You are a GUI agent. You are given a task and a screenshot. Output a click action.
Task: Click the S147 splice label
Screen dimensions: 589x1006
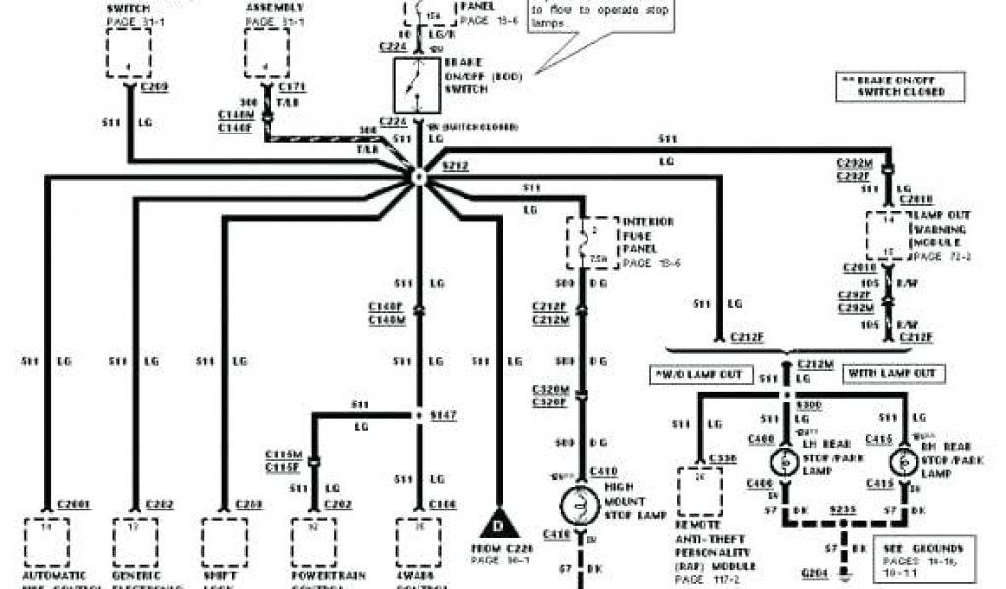coord(444,415)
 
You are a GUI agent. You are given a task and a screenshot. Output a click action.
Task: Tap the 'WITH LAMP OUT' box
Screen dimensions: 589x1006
coord(895,374)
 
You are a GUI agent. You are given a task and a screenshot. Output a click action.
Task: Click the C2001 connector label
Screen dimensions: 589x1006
coord(75,505)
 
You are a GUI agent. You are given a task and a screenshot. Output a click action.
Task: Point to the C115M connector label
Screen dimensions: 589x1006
coord(283,455)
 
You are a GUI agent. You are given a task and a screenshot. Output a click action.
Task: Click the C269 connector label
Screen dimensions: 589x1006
coord(155,87)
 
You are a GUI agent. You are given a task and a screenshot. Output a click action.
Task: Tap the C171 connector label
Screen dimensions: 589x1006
coord(293,87)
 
